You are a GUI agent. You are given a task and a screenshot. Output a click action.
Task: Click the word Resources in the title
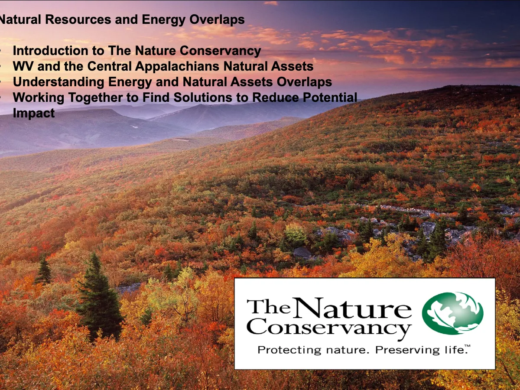coord(78,19)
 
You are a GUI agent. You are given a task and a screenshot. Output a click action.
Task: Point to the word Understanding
coord(58,82)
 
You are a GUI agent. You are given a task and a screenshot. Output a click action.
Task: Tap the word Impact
coord(34,114)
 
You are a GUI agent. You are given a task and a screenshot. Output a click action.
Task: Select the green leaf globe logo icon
coord(452,313)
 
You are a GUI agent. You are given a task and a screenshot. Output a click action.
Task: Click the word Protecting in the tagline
coord(289,350)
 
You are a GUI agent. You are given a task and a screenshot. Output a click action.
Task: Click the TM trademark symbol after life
coord(468,346)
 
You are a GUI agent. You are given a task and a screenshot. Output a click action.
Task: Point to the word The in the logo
coord(269,307)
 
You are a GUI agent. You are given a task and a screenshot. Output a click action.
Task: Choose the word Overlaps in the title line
coord(217,20)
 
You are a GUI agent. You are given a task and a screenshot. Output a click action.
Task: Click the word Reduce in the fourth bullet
coord(276,97)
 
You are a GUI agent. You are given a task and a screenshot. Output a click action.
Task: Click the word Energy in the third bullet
coord(130,82)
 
